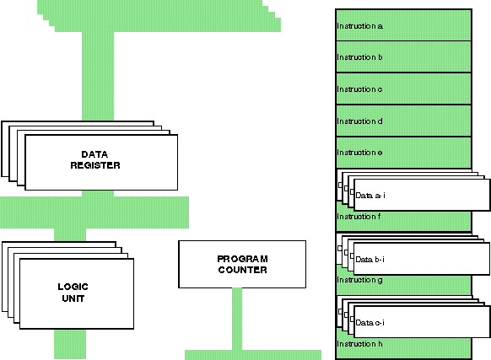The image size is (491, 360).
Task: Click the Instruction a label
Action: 359,26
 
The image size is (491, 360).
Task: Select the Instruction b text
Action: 359,57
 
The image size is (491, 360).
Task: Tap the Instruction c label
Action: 359,89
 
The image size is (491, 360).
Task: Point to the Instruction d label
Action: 359,121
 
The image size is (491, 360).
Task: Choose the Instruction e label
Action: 359,153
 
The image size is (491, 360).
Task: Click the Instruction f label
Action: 359,217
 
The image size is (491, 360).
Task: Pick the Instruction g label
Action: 359,280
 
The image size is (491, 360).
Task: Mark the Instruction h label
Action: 359,344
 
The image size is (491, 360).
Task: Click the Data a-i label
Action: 370,196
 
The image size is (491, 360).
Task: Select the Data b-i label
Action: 370,259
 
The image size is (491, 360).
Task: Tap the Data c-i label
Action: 370,322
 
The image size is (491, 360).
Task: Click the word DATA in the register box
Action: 94,154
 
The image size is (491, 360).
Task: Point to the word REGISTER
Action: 95,165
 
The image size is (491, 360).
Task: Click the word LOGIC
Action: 73,287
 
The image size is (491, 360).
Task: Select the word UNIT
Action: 73,298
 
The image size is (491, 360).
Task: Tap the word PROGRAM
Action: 242,259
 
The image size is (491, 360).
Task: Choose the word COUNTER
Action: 242,270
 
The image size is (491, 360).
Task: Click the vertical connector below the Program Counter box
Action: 237,319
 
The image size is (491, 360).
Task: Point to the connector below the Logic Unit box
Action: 70,344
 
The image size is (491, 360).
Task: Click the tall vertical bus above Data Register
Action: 98,76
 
